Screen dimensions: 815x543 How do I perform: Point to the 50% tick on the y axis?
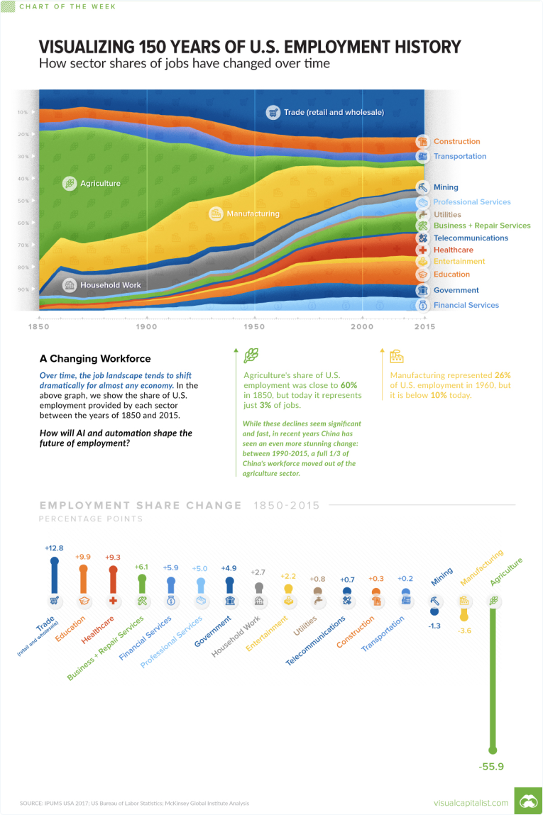pyautogui.click(x=23, y=201)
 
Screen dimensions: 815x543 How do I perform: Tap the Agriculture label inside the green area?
pyautogui.click(x=100, y=184)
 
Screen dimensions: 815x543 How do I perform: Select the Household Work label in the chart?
pyautogui.click(x=110, y=285)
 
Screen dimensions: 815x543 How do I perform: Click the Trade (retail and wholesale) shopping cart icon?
pyautogui.click(x=273, y=112)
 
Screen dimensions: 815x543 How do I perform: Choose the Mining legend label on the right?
pyautogui.click(x=446, y=188)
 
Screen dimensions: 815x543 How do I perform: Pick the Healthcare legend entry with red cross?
pyautogui.click(x=453, y=250)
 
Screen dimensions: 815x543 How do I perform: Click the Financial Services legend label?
pyautogui.click(x=466, y=305)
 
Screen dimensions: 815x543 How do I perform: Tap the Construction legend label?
pyautogui.click(x=456, y=142)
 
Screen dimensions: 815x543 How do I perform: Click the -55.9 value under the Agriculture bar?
pyautogui.click(x=492, y=766)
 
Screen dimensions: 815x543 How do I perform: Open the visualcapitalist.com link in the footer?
pyautogui.click(x=471, y=803)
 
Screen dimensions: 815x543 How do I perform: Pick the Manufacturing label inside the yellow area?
pyautogui.click(x=253, y=214)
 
